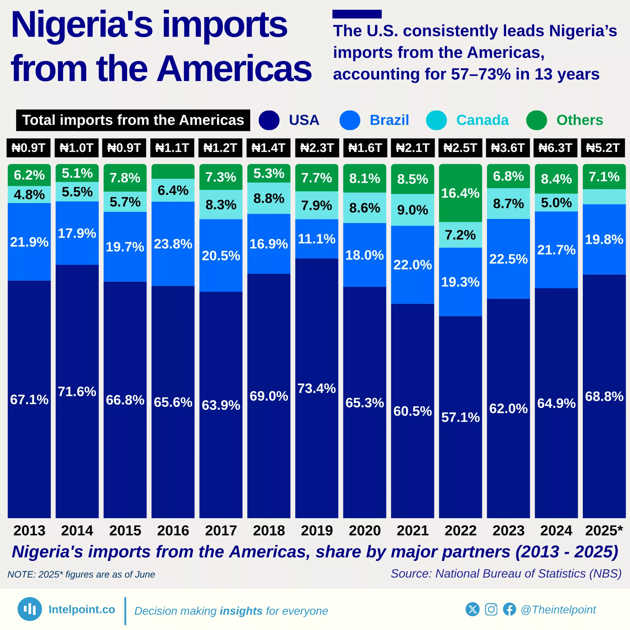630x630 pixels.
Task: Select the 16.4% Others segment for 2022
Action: point(460,193)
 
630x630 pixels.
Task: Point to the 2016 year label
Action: point(173,531)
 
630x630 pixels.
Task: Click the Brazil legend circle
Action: point(349,120)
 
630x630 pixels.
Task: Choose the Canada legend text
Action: point(482,120)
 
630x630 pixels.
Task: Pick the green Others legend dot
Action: point(536,120)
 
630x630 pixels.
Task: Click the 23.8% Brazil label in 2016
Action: point(173,244)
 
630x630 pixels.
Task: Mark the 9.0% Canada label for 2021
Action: point(412,210)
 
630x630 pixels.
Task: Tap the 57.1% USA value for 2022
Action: point(460,417)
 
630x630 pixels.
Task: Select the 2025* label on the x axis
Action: point(604,531)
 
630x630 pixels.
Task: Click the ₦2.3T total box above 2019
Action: point(317,148)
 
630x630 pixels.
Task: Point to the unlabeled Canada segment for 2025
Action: point(604,197)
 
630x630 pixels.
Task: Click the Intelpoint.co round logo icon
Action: point(30,609)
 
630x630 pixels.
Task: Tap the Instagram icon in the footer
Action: point(491,609)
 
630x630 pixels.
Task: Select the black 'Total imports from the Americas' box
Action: point(133,120)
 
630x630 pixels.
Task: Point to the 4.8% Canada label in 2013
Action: point(29,195)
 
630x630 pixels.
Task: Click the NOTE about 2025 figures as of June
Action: point(81,574)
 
